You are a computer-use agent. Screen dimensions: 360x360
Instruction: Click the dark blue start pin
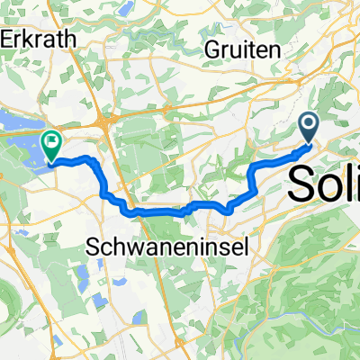[x=310, y=127]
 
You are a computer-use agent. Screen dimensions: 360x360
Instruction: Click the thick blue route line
[x=162, y=212]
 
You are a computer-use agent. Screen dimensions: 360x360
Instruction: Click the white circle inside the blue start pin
[x=310, y=123]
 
